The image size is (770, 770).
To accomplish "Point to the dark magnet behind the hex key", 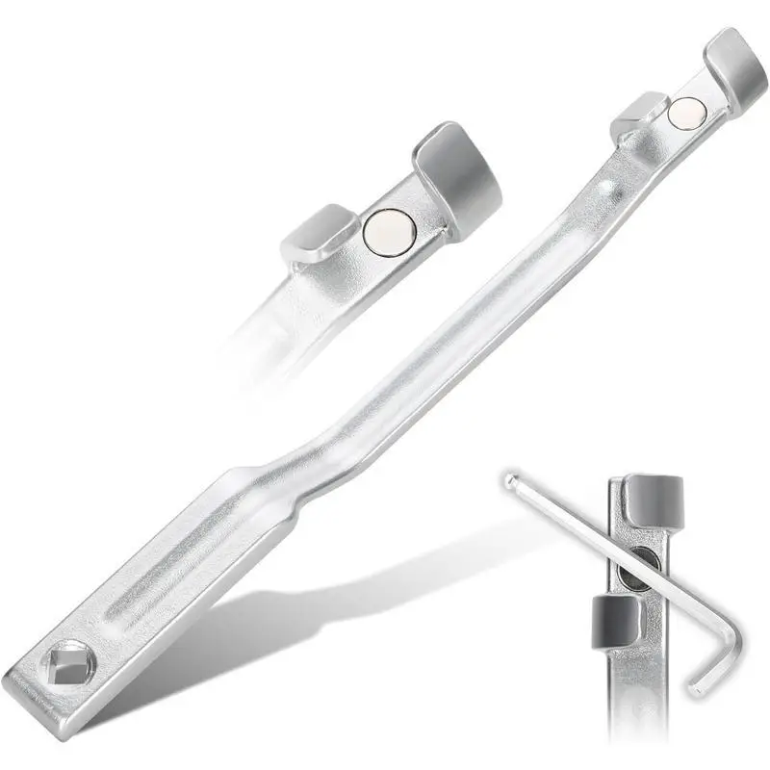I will pos(636,572).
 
